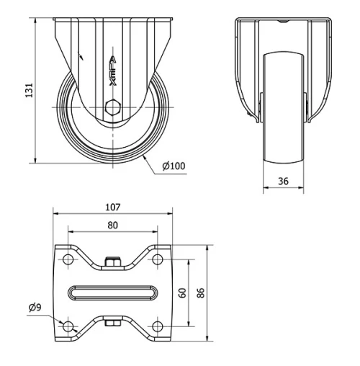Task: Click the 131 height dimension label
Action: [30, 90]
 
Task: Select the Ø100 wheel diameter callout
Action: [174, 166]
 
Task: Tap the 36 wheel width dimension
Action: [283, 181]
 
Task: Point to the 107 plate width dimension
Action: [113, 207]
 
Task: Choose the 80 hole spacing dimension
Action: [113, 226]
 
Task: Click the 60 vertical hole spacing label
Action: [183, 293]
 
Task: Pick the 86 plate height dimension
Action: [201, 293]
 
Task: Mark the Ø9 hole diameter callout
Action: [35, 307]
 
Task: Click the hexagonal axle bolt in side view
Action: [112, 107]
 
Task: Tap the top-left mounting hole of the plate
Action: [68, 259]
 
